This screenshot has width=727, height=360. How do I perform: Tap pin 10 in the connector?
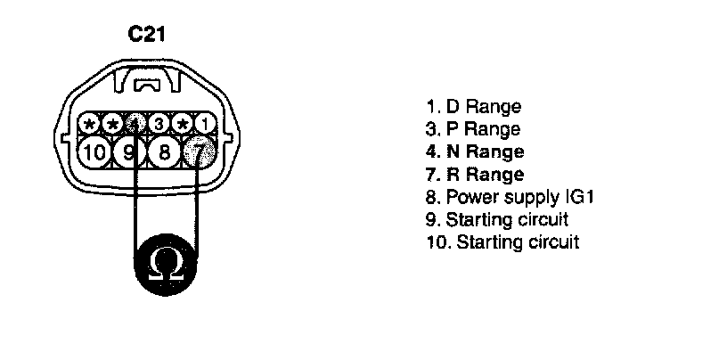click(93, 151)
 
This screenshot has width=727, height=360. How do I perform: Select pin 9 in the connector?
click(129, 151)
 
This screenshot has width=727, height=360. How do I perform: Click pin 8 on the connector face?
click(163, 151)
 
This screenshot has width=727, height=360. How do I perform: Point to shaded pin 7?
click(200, 153)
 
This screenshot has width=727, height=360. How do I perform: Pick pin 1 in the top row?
click(204, 122)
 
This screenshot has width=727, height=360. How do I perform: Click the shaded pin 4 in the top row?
click(135, 122)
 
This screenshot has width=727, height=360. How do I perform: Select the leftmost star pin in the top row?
click(89, 122)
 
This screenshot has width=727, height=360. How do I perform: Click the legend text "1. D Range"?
click(473, 107)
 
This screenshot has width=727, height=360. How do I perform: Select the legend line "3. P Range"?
click(473, 129)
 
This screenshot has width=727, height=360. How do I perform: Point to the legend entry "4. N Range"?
click(475, 151)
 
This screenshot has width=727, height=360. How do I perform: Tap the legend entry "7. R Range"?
click(475, 174)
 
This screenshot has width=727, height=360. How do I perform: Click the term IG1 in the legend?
click(576, 196)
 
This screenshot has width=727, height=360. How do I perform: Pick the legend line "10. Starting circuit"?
click(502, 241)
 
